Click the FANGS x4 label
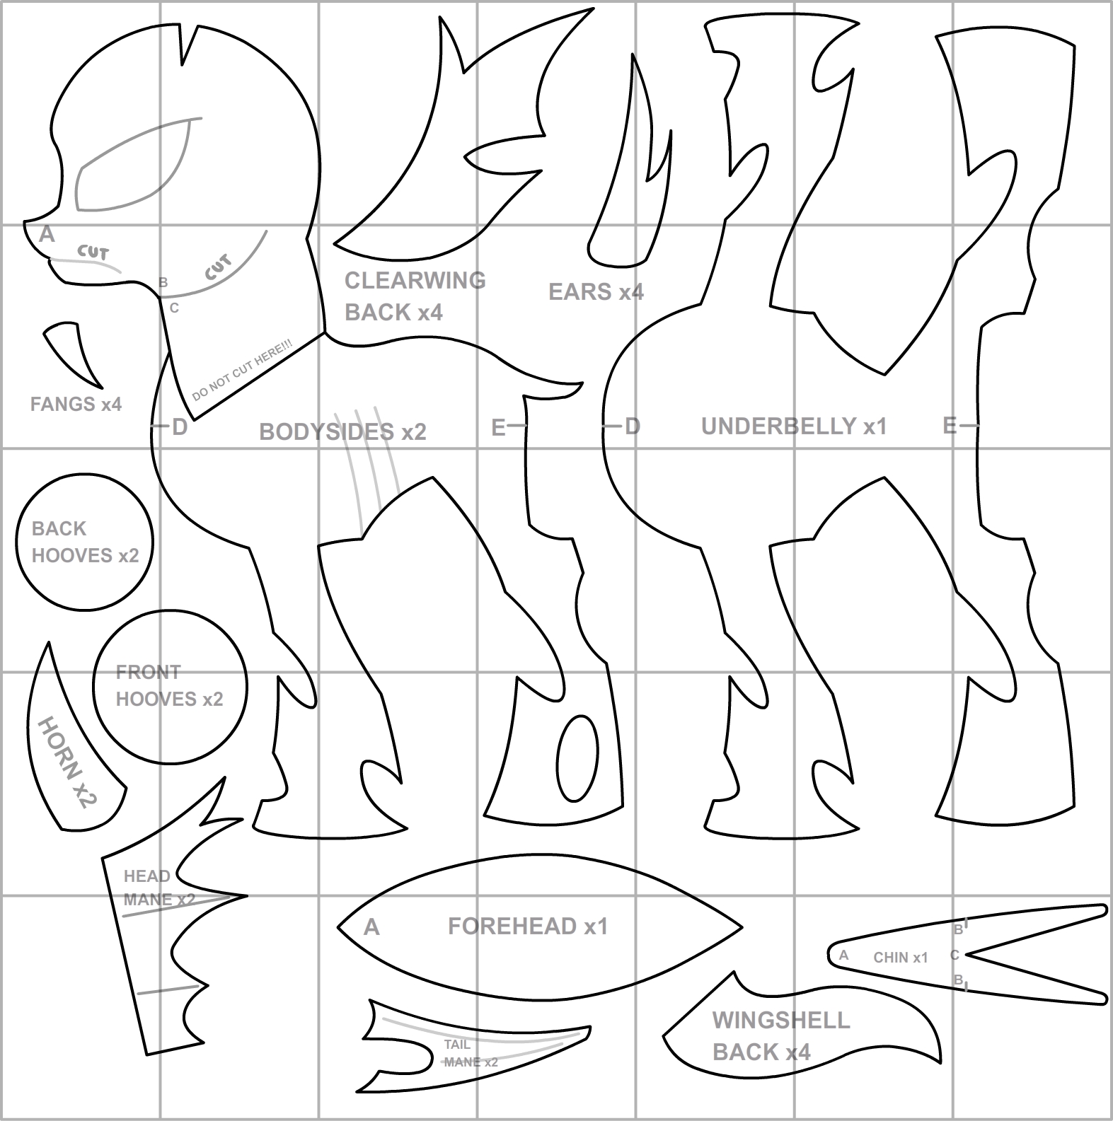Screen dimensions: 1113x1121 coord(76,404)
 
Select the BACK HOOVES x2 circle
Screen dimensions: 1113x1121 coord(85,542)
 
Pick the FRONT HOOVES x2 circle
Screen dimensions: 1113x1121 coord(170,686)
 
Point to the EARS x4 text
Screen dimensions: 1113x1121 coord(596,291)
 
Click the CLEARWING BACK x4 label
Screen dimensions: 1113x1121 coord(415,296)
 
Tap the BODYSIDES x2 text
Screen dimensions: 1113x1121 coord(342,431)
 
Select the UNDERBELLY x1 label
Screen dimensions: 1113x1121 coord(794,426)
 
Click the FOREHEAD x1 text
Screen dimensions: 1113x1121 coord(528,926)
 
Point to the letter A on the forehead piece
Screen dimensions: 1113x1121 coord(371,927)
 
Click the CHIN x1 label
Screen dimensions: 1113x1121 coord(900,958)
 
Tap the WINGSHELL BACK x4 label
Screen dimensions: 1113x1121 coord(781,1036)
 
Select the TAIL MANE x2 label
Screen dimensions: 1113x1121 coord(470,1053)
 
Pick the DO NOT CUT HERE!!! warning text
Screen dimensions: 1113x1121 coord(243,371)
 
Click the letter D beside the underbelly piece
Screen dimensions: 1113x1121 coord(632,426)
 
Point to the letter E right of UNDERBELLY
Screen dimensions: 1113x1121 coord(950,426)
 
